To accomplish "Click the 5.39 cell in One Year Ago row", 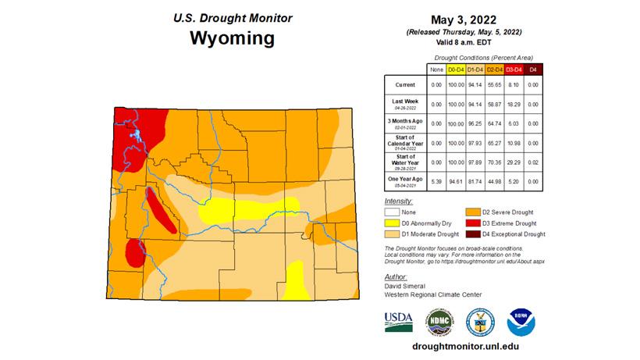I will [x=436, y=181].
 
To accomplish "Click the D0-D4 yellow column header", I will [x=455, y=70].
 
